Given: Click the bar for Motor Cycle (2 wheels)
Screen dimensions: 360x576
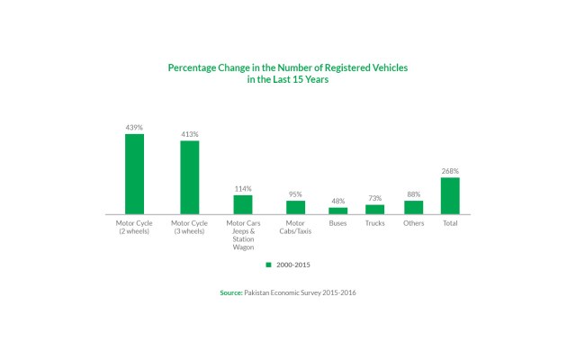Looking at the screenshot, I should pyautogui.click(x=134, y=174).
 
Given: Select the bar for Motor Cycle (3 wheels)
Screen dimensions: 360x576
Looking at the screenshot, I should pyautogui.click(x=189, y=177).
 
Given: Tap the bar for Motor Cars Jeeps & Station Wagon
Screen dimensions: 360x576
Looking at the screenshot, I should pyautogui.click(x=243, y=204).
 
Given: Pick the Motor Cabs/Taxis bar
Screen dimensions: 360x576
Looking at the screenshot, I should pyautogui.click(x=295, y=207).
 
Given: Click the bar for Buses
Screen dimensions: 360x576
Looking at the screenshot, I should pyautogui.click(x=337, y=211).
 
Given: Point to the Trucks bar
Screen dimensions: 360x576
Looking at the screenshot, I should pyautogui.click(x=374, y=209).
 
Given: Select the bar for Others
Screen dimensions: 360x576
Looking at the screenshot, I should pyautogui.click(x=413, y=207).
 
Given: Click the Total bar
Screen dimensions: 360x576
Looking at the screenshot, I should pyautogui.click(x=450, y=195).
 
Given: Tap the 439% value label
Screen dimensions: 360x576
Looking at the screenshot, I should pyautogui.click(x=134, y=128).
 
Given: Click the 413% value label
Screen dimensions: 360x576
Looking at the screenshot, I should pyautogui.click(x=189, y=135).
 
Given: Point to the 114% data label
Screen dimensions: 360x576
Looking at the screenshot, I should pyautogui.click(x=243, y=189).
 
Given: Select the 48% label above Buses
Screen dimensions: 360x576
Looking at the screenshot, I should pyautogui.click(x=337, y=202).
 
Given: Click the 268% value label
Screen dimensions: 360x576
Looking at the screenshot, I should pyautogui.click(x=450, y=171).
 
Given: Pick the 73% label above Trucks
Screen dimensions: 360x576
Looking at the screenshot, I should pyautogui.click(x=374, y=198).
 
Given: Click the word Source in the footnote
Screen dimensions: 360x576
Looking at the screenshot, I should pyautogui.click(x=230, y=293).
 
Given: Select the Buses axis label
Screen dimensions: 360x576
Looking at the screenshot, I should pyautogui.click(x=337, y=222).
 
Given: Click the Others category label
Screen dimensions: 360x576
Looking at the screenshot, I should pyautogui.click(x=413, y=222).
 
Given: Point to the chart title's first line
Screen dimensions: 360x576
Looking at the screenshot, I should pyautogui.click(x=288, y=67).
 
